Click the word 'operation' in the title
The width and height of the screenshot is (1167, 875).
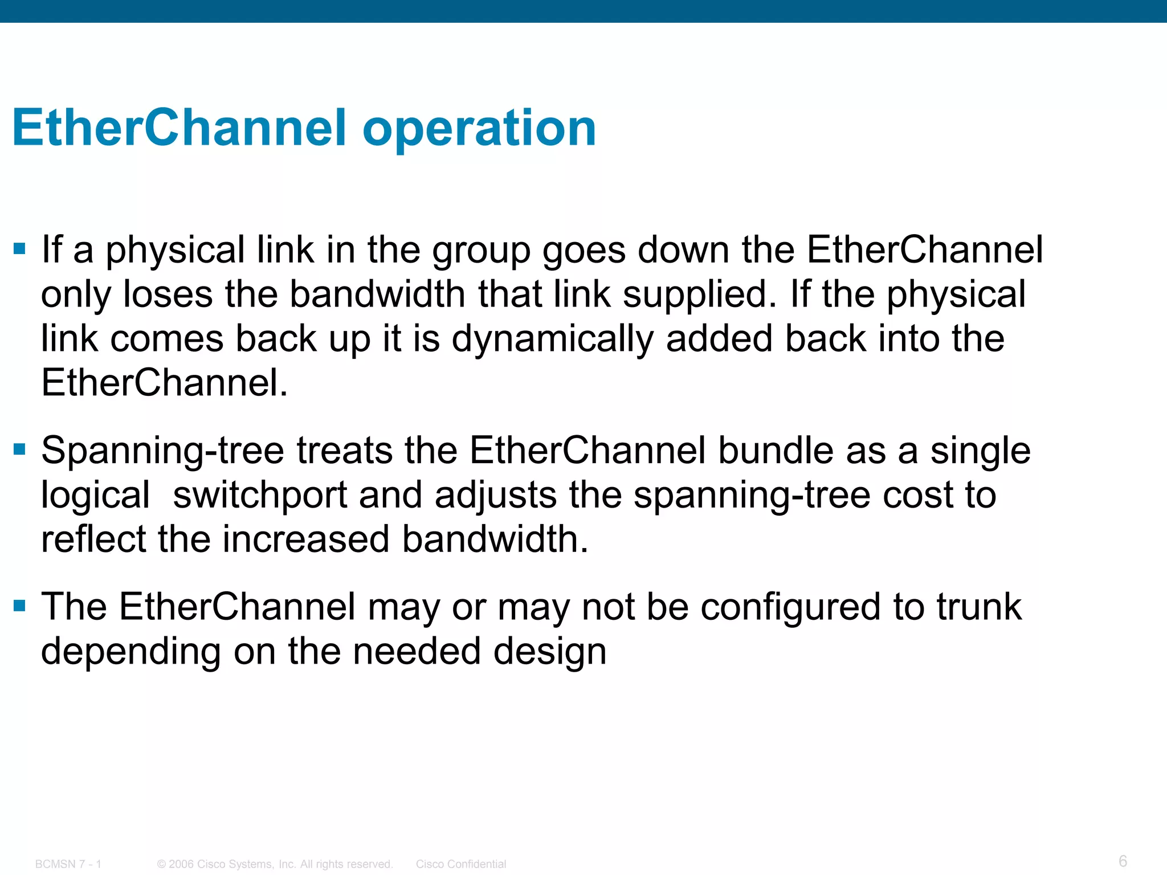tap(479, 129)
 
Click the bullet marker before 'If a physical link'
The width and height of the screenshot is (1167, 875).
tap(20, 248)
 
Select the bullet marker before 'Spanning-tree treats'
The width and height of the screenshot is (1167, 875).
tap(20, 449)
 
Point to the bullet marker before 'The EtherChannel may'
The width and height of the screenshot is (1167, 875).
tap(20, 606)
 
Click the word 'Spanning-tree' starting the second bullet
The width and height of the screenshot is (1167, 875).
tap(162, 451)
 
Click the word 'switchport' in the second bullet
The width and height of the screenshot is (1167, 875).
tap(260, 494)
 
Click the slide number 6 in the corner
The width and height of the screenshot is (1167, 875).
tap(1123, 860)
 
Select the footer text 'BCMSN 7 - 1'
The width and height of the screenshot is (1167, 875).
tap(68, 864)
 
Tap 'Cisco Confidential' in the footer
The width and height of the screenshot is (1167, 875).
tap(460, 864)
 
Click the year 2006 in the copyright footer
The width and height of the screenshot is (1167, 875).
tap(181, 864)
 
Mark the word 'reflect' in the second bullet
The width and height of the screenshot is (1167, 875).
tap(93, 539)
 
